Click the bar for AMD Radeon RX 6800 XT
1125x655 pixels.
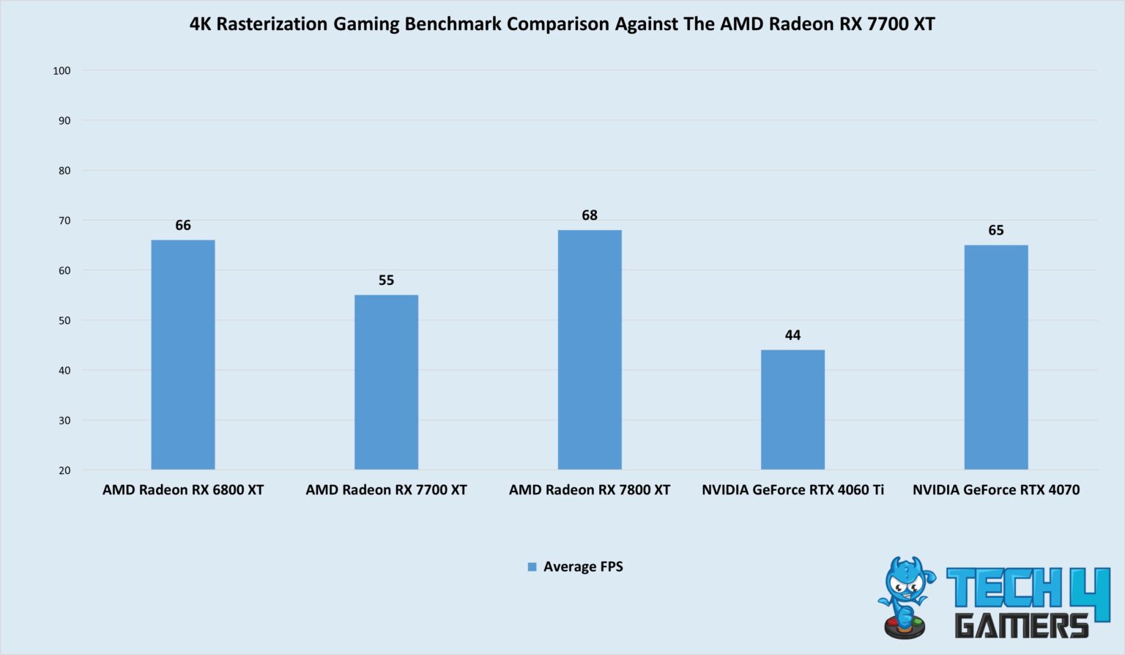point(183,355)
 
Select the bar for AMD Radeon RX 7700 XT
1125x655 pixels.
point(386,382)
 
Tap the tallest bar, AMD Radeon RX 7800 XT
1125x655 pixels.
point(590,349)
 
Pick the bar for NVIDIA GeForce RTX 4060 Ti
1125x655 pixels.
point(792,410)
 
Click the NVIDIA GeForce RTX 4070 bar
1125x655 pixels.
point(996,357)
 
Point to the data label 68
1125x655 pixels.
point(590,215)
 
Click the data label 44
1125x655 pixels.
point(792,335)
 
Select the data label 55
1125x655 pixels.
point(386,280)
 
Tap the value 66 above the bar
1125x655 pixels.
point(183,225)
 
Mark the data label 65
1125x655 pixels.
point(996,230)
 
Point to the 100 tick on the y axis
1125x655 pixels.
point(62,70)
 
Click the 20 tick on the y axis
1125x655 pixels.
point(64,470)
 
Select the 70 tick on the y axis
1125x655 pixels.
point(64,221)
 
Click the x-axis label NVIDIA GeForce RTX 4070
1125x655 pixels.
point(996,489)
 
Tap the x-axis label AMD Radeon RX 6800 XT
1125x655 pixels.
point(183,489)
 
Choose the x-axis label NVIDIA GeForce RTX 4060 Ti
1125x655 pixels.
point(792,489)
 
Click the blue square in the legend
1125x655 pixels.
point(532,567)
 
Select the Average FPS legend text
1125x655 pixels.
point(583,566)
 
